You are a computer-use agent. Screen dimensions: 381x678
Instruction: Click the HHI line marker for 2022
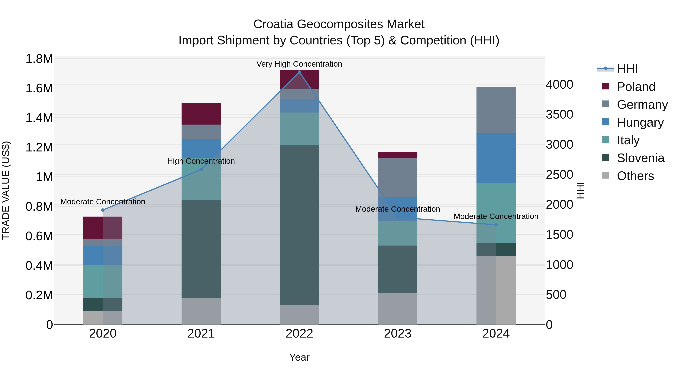click(299, 72)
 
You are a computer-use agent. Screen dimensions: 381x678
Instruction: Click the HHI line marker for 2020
click(103, 210)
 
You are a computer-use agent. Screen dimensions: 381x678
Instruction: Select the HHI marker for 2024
click(496, 225)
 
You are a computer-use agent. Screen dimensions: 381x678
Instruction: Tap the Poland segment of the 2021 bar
click(201, 114)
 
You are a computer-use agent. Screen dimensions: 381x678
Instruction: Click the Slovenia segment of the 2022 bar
click(299, 225)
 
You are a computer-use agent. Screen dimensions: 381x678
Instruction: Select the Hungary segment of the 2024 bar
click(496, 158)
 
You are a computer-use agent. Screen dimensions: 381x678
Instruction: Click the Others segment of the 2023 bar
click(398, 309)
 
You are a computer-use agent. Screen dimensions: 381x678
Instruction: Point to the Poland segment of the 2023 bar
click(398, 155)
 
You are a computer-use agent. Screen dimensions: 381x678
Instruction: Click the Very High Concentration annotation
click(299, 64)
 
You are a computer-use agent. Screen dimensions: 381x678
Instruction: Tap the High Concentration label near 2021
click(201, 161)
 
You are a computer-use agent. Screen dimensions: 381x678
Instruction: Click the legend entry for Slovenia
click(640, 158)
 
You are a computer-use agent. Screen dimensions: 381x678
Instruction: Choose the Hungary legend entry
click(640, 122)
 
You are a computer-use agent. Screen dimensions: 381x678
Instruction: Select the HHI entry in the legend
click(627, 69)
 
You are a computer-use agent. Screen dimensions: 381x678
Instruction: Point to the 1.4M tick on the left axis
click(39, 118)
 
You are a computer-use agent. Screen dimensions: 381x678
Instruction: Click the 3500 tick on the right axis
click(559, 114)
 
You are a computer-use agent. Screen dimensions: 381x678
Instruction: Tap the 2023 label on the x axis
click(398, 334)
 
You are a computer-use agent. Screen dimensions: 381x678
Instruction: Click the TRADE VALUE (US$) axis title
click(6, 190)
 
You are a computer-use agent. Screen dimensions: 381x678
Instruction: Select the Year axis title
click(299, 357)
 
